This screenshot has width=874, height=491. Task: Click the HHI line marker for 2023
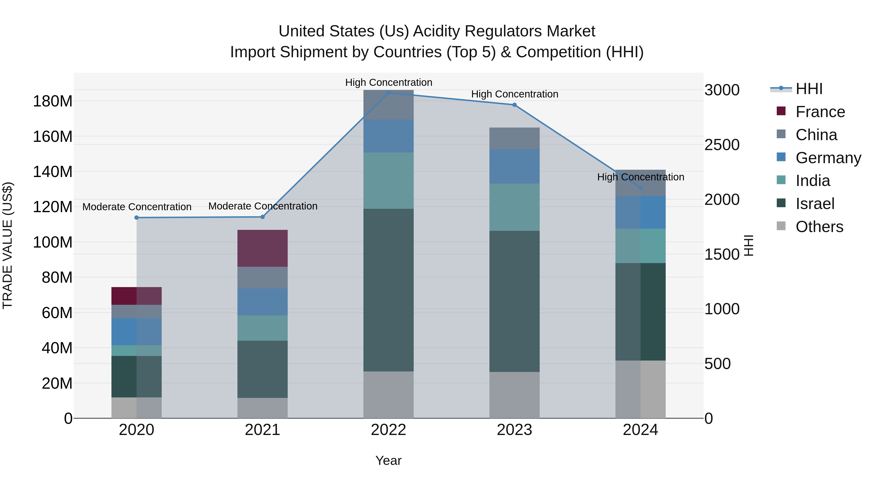(x=514, y=105)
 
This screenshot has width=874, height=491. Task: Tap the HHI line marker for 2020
(x=137, y=217)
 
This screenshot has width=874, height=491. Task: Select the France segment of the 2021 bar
(x=262, y=248)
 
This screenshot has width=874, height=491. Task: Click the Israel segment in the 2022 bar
(x=388, y=290)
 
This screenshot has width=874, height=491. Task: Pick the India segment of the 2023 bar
(x=514, y=207)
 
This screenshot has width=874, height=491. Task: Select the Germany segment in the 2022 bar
(x=388, y=136)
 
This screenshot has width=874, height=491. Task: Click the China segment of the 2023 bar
(x=514, y=138)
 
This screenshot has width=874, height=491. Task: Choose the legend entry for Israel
(x=815, y=204)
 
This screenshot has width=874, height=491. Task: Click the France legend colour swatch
(x=781, y=111)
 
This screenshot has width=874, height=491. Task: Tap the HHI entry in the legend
(x=809, y=89)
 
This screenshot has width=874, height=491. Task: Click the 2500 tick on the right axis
(x=722, y=145)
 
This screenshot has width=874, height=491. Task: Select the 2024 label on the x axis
(x=640, y=430)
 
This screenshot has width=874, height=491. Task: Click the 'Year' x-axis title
(x=388, y=460)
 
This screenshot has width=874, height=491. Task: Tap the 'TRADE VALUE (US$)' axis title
(x=8, y=245)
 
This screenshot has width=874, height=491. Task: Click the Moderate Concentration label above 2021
(x=263, y=206)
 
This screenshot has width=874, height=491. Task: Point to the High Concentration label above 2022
(x=388, y=82)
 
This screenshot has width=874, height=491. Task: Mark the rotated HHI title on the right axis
(x=748, y=245)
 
